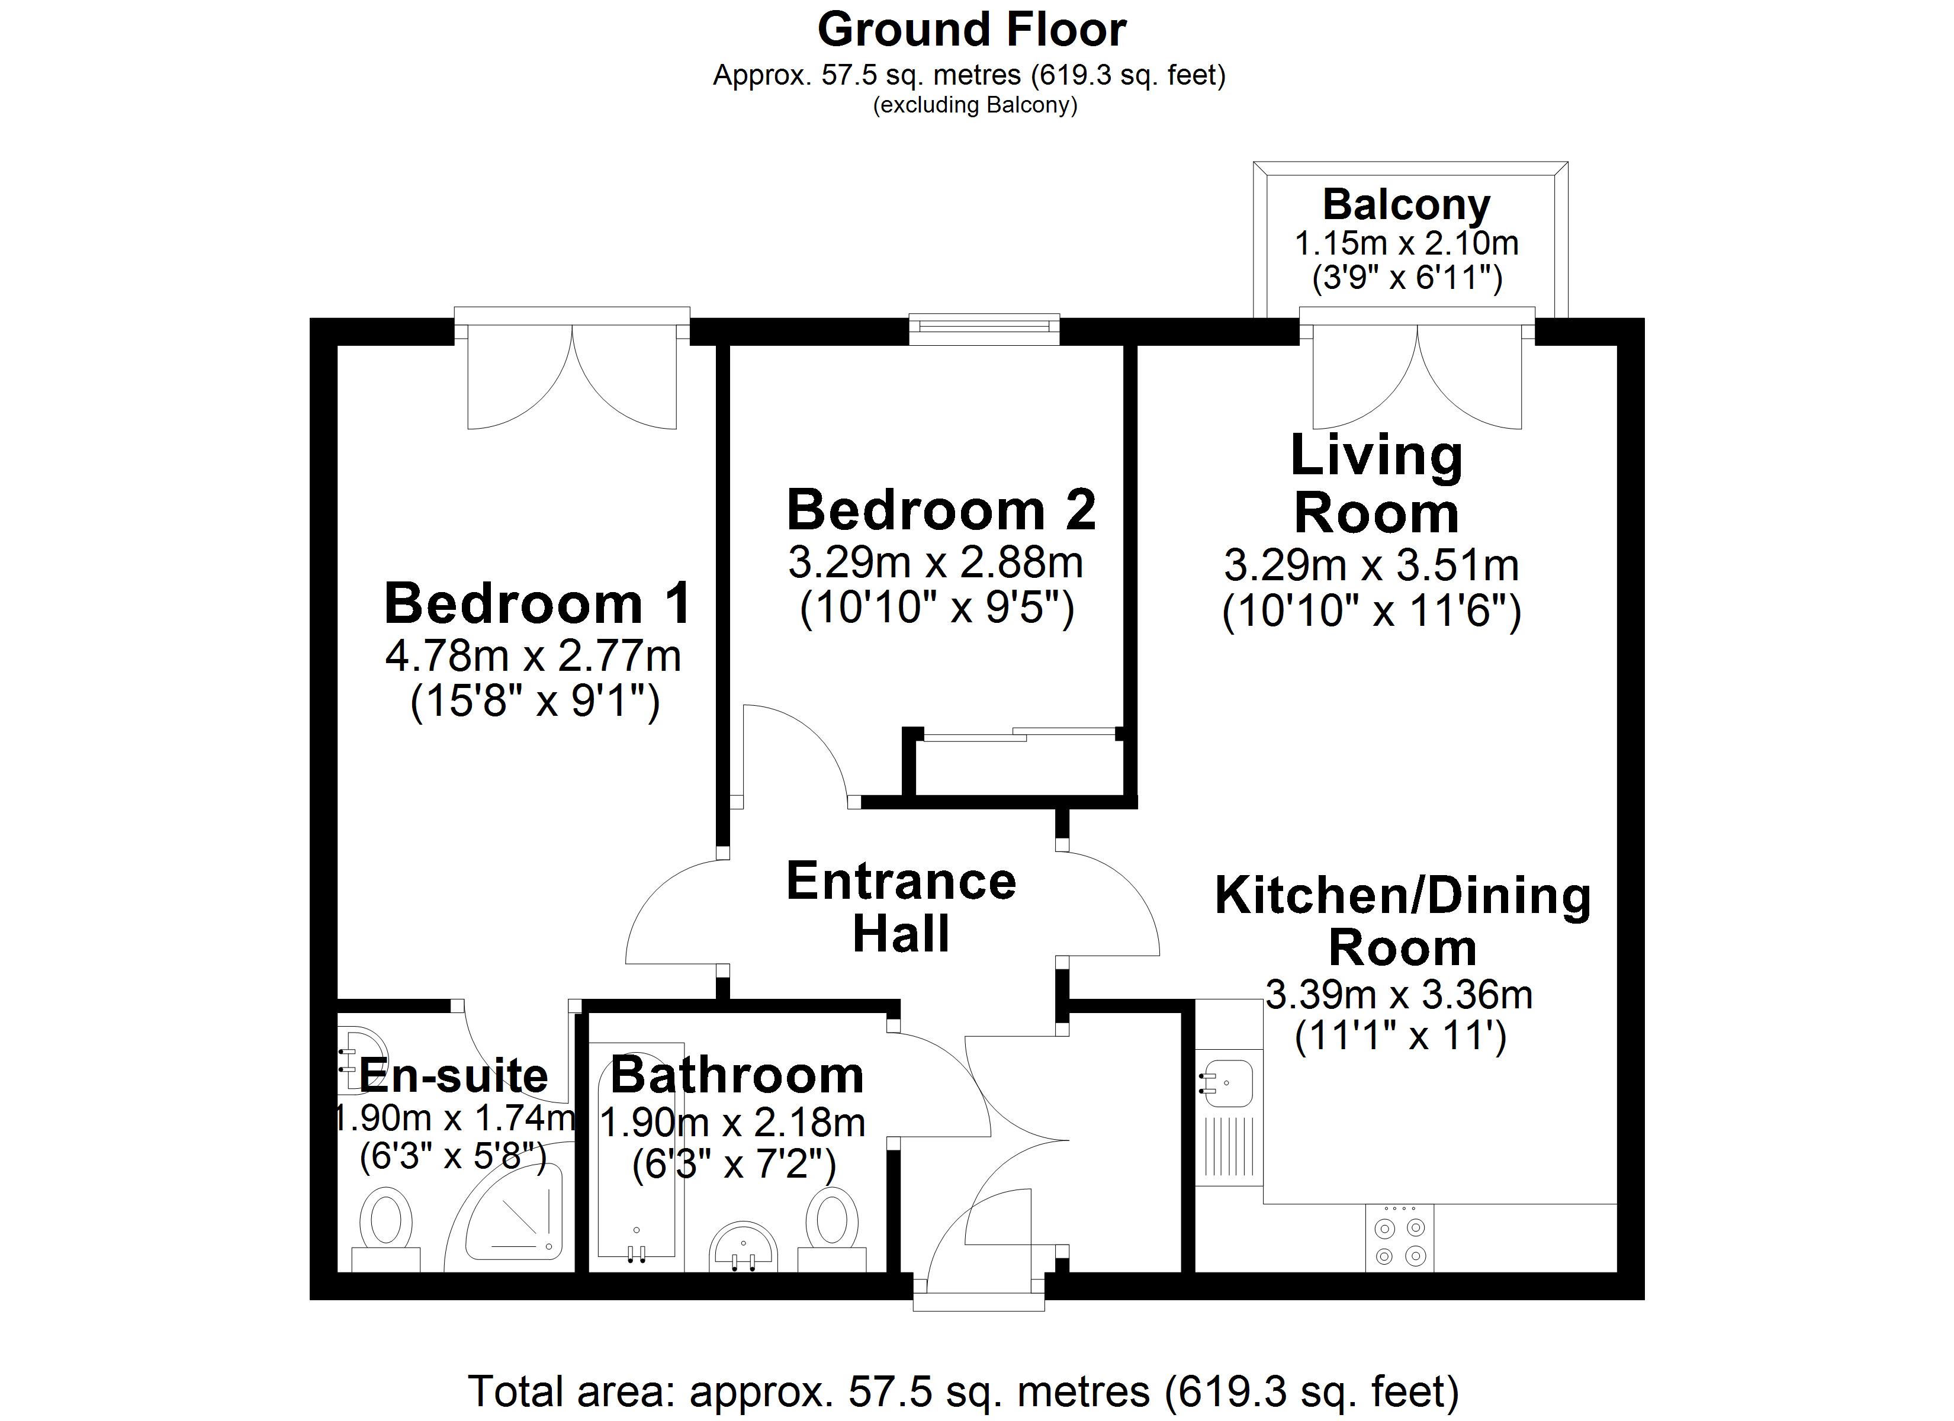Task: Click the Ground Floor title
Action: (x=972, y=30)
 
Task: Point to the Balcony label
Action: (x=1406, y=205)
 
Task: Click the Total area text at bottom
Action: (x=963, y=1391)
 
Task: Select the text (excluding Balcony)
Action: (x=975, y=106)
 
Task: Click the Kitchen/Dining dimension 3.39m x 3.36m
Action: (x=1399, y=996)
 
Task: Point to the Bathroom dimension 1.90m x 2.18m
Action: (x=732, y=1123)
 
